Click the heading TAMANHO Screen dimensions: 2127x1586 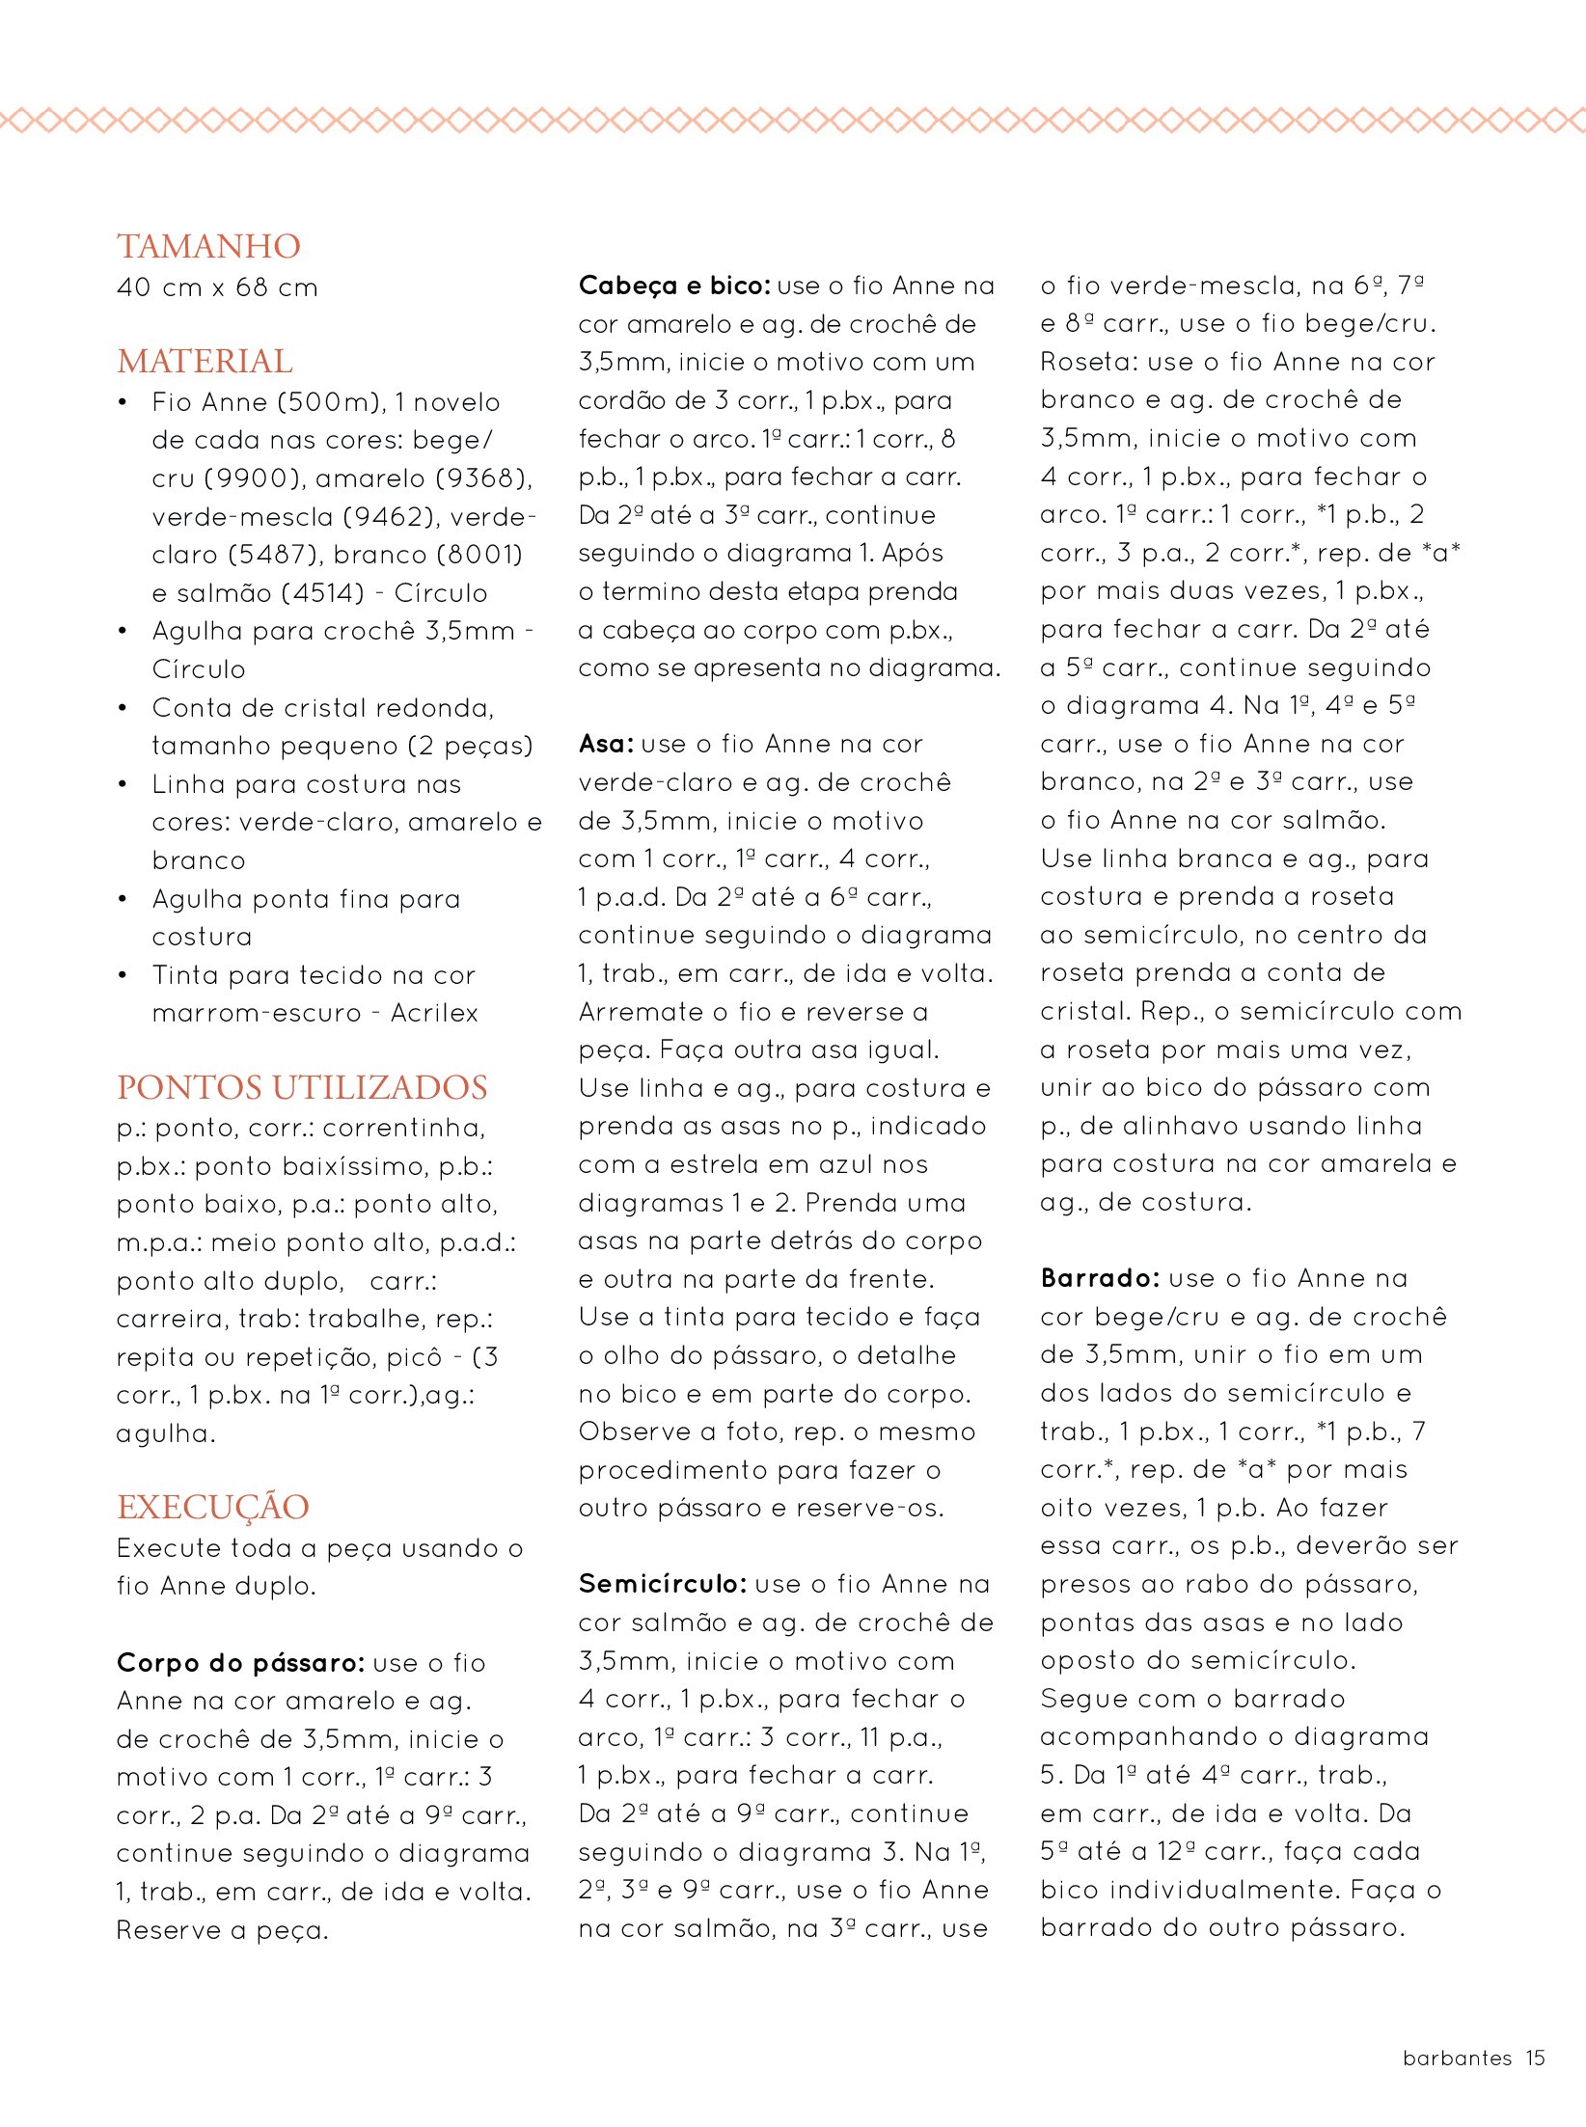click(x=208, y=247)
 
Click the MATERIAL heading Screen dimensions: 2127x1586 click(x=205, y=362)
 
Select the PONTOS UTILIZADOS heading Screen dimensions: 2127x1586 click(x=302, y=1087)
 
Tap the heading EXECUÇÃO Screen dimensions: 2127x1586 click(x=213, y=1507)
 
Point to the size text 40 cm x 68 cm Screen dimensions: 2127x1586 click(x=217, y=287)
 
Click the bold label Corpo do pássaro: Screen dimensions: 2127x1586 click(x=240, y=1663)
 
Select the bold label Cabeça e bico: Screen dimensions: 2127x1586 click(x=674, y=286)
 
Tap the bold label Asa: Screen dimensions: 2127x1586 click(x=606, y=744)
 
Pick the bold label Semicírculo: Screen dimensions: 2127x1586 click(x=663, y=1584)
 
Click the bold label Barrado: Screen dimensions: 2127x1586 click(x=1100, y=1278)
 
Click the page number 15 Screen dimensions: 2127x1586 click(x=1535, y=2058)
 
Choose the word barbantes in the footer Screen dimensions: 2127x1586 click(x=1457, y=2058)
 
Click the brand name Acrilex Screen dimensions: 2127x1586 click(x=434, y=1013)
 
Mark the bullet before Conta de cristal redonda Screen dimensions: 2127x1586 click(x=123, y=708)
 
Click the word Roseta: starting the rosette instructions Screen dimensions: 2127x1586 click(x=1080, y=362)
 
